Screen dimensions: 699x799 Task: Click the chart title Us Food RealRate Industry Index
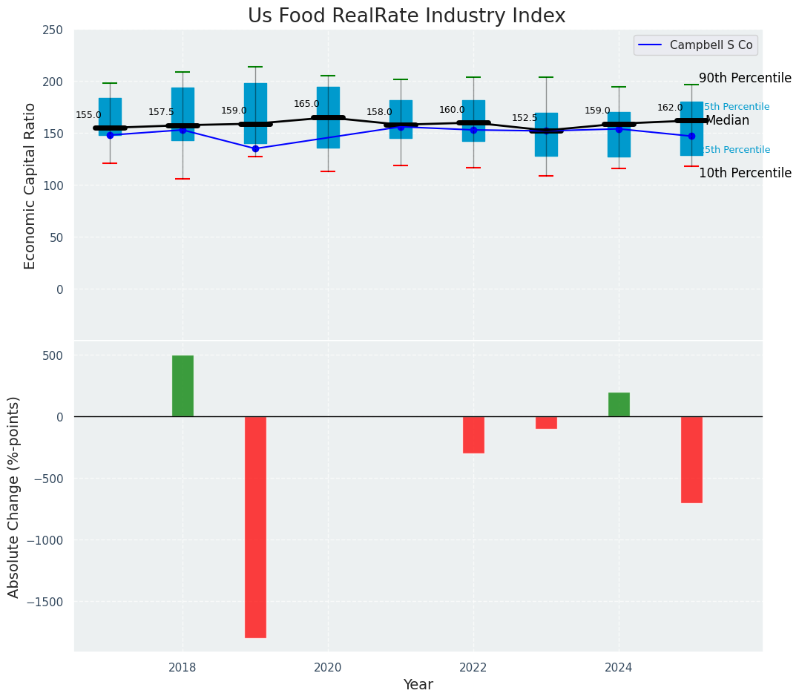(x=407, y=16)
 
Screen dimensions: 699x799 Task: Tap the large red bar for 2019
(x=255, y=527)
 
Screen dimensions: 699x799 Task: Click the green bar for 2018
(x=183, y=386)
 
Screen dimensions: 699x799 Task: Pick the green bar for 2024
(x=619, y=404)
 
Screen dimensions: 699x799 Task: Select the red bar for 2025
(x=691, y=459)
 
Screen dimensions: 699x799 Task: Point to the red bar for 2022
(x=473, y=435)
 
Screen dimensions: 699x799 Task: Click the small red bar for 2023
(x=546, y=422)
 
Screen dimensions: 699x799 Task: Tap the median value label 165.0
(x=306, y=105)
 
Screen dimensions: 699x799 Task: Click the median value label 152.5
(x=525, y=118)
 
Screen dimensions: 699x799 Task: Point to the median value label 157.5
(x=161, y=112)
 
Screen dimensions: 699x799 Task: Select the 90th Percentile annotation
(x=745, y=79)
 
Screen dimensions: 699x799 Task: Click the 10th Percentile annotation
(x=745, y=174)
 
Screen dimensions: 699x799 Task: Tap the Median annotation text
(x=727, y=121)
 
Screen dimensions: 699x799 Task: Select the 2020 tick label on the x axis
(x=328, y=668)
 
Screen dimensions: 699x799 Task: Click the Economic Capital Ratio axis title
(x=30, y=186)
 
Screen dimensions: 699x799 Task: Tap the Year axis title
(x=418, y=685)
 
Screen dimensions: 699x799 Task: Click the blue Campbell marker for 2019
(x=255, y=148)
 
